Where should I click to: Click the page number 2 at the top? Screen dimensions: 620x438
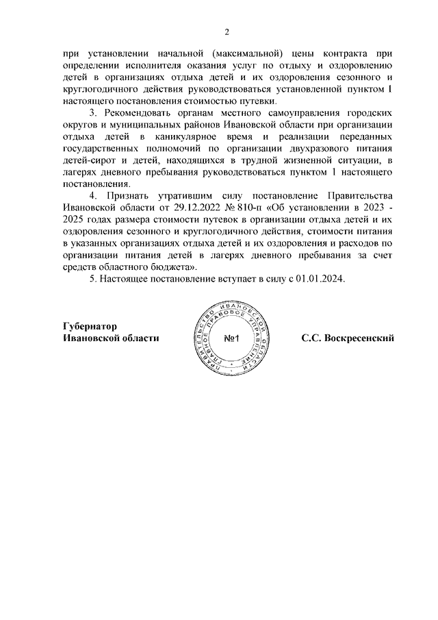(227, 31)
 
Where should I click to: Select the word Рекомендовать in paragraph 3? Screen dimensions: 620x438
(144, 111)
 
